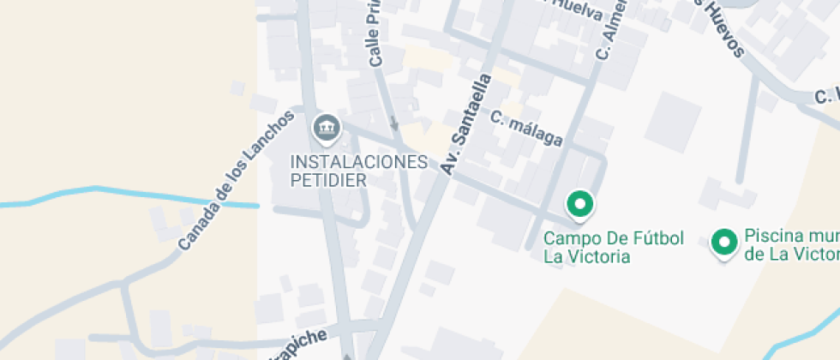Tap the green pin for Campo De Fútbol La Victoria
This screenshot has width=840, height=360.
pyautogui.click(x=580, y=205)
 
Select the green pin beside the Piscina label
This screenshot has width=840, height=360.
pyautogui.click(x=725, y=243)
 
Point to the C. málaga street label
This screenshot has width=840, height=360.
pyautogui.click(x=527, y=128)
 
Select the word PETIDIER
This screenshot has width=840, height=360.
pyautogui.click(x=328, y=180)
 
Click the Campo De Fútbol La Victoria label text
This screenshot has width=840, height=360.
pyautogui.click(x=614, y=247)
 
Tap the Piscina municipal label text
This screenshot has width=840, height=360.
pyautogui.click(x=791, y=244)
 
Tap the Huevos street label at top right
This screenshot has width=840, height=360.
pyautogui.click(x=719, y=27)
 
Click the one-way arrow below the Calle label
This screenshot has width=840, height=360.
pyautogui.click(x=394, y=124)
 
